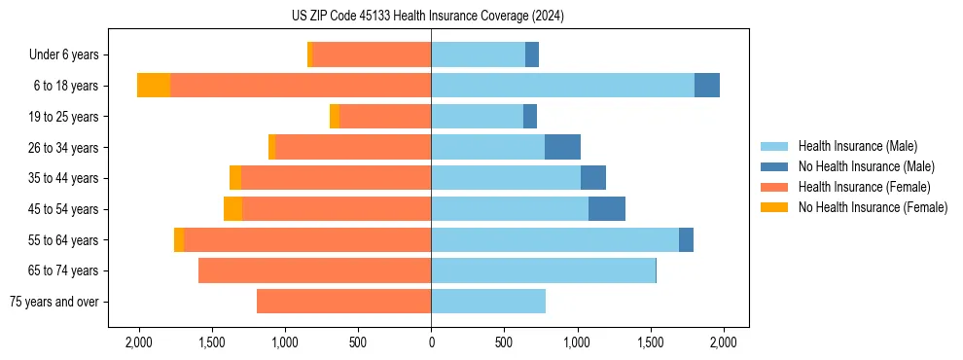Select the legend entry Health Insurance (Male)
click(x=857, y=146)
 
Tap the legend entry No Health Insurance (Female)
click(x=873, y=207)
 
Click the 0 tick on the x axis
click(x=431, y=342)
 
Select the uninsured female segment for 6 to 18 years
click(x=154, y=86)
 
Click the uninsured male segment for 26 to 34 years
click(x=562, y=147)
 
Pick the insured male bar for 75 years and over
click(x=488, y=302)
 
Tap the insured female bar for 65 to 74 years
click(x=314, y=270)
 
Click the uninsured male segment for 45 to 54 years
click(x=607, y=209)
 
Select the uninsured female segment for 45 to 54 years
click(x=232, y=209)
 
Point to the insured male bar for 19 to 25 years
click(x=477, y=117)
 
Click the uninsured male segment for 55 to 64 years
click(x=686, y=239)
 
